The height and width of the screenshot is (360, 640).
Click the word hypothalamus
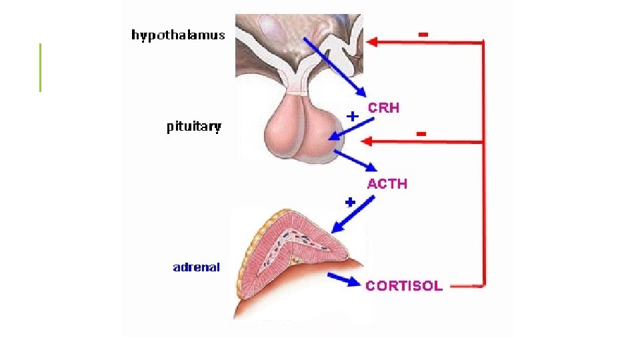[x=178, y=35]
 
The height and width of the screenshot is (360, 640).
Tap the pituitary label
[x=193, y=127]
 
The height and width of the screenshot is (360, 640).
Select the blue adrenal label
[x=196, y=267]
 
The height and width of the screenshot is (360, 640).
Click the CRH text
[x=383, y=107]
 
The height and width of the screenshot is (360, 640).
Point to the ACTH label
[x=387, y=183]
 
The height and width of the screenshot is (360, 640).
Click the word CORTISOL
[x=403, y=285]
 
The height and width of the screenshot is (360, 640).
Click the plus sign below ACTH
[x=349, y=201]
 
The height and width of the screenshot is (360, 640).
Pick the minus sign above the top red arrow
[x=422, y=32]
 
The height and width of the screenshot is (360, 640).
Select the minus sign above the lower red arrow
[x=421, y=134]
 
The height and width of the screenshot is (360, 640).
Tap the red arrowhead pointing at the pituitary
[x=366, y=142]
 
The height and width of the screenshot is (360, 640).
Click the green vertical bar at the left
[x=40, y=67]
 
